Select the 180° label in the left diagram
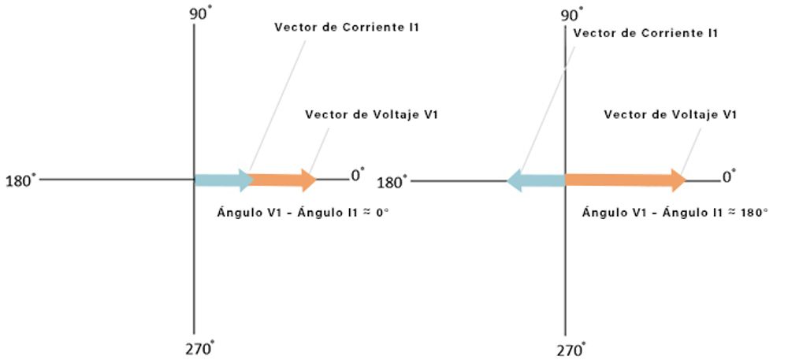(20, 180)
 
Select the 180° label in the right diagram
(392, 183)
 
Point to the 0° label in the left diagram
(358, 175)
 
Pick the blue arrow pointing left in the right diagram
(536, 181)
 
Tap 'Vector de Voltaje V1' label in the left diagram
(371, 115)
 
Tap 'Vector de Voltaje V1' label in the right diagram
(670, 115)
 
